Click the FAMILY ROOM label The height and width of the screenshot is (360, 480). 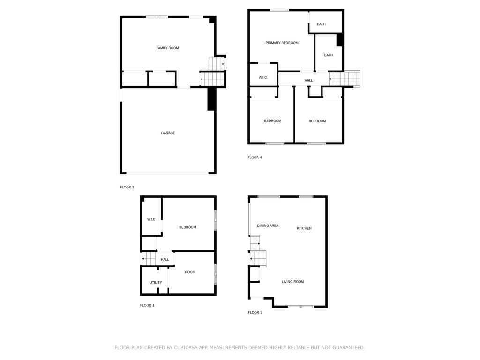(x=167, y=48)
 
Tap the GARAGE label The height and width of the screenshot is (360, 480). (x=168, y=133)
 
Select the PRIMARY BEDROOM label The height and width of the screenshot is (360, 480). (x=282, y=43)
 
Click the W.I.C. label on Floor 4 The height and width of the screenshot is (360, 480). (x=263, y=78)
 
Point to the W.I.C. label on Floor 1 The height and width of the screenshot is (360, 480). (x=151, y=219)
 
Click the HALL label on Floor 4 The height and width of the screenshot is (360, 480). (x=308, y=81)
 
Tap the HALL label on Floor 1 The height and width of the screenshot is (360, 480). (x=165, y=260)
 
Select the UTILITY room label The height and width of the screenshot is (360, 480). (x=156, y=283)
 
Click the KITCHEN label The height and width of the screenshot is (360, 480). (x=304, y=228)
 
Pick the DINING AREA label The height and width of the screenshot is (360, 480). (x=268, y=225)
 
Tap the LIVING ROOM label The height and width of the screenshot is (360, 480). (x=292, y=282)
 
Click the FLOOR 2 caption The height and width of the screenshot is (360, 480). (x=127, y=187)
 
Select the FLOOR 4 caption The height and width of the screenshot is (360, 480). (x=255, y=157)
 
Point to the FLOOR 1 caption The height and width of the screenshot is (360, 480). (x=147, y=305)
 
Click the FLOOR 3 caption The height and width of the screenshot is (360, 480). (x=255, y=313)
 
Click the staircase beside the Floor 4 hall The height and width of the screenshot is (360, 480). (x=345, y=79)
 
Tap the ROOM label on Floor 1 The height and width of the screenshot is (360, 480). (x=190, y=272)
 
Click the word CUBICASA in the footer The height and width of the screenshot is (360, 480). (x=186, y=348)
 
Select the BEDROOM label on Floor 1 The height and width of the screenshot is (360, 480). (x=187, y=227)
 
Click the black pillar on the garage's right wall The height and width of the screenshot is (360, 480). (x=211, y=99)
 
